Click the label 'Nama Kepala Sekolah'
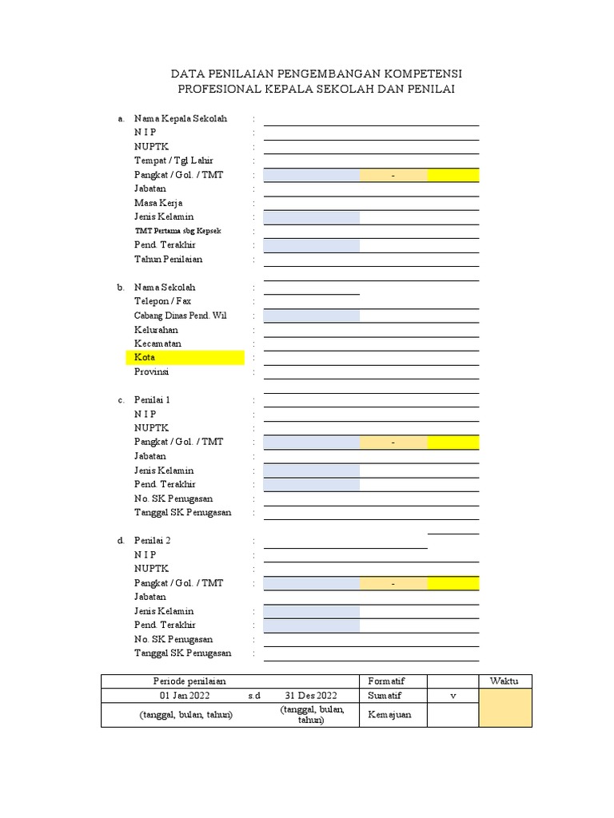[x=181, y=119]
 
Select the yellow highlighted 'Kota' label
[x=145, y=357]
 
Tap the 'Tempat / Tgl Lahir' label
[x=173, y=161]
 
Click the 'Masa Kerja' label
[x=158, y=203]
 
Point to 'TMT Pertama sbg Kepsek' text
[x=177, y=231]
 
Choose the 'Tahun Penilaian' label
[x=168, y=259]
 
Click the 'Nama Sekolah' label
[x=165, y=287]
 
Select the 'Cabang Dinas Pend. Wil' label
[x=181, y=316]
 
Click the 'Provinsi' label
[x=152, y=371]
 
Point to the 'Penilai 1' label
[x=152, y=399]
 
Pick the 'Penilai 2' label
[x=152, y=541]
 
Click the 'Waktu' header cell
[x=504, y=681]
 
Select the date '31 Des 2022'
[x=312, y=696]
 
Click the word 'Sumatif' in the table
[x=386, y=696]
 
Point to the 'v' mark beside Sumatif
[x=453, y=697]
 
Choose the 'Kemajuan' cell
[x=389, y=714]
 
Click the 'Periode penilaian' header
[x=190, y=681]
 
